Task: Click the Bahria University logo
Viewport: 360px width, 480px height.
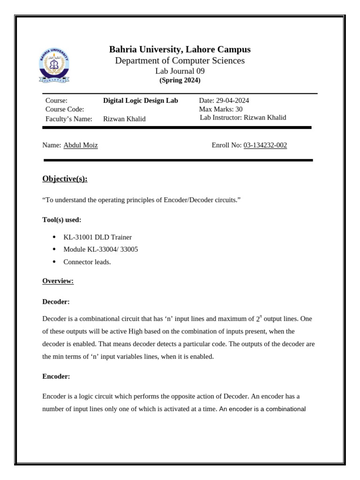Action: [54, 66]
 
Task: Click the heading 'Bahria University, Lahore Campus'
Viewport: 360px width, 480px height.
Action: [180, 50]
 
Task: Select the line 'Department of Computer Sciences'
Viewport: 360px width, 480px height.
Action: [180, 61]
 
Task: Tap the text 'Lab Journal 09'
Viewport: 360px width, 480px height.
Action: [180, 71]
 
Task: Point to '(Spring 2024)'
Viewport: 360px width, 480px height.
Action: [180, 80]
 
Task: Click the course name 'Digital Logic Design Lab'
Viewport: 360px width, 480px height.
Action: [140, 101]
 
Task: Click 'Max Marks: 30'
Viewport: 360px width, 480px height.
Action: [221, 109]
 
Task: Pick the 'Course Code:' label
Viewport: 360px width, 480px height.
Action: [65, 109]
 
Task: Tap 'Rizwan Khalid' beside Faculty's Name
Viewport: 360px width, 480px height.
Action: [124, 119]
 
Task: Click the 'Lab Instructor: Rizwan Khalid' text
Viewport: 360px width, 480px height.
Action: [243, 118]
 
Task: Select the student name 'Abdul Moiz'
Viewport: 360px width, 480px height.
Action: [81, 145]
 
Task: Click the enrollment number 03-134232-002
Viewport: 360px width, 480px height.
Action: [265, 145]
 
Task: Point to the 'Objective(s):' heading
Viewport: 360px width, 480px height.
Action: [65, 179]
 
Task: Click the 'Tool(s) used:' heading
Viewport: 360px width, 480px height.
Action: [61, 219]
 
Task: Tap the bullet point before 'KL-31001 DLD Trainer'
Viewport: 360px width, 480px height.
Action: [54, 237]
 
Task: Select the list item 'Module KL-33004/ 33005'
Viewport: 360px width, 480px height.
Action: [100, 249]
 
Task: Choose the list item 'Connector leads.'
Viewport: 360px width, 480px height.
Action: [87, 262]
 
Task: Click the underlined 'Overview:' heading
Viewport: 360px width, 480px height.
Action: [58, 281]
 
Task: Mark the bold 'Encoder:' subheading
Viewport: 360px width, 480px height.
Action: [56, 376]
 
